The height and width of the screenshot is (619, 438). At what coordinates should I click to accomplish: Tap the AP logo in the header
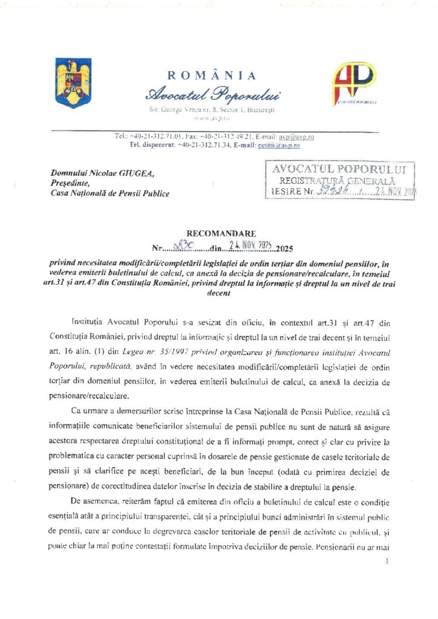(x=356, y=83)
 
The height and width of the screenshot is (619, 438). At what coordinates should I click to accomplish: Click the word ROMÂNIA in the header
(x=211, y=76)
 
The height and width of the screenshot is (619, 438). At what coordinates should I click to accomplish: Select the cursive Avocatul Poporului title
(x=211, y=96)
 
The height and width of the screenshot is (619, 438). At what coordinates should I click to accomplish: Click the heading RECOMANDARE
(x=211, y=233)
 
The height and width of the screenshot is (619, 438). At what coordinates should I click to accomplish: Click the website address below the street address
(x=212, y=120)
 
